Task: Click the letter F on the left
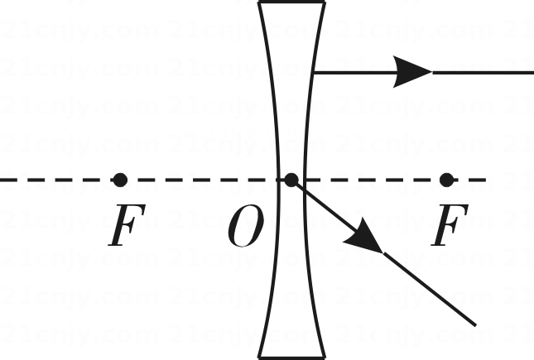click(127, 225)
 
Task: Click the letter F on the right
click(450, 225)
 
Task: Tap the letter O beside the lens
click(246, 226)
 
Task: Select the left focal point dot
click(120, 180)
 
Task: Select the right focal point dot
click(446, 180)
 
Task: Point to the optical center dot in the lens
click(291, 180)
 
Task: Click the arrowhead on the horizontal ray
click(413, 72)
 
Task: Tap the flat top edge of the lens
click(292, 2)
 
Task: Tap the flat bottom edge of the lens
click(292, 358)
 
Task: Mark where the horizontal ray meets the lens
click(314, 72)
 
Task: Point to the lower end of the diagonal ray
click(475, 325)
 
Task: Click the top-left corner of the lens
click(259, 2)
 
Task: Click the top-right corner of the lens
click(325, 2)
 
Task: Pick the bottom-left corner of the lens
click(259, 358)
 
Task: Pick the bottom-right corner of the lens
click(325, 358)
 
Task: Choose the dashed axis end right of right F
click(486, 180)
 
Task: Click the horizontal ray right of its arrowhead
click(483, 72)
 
